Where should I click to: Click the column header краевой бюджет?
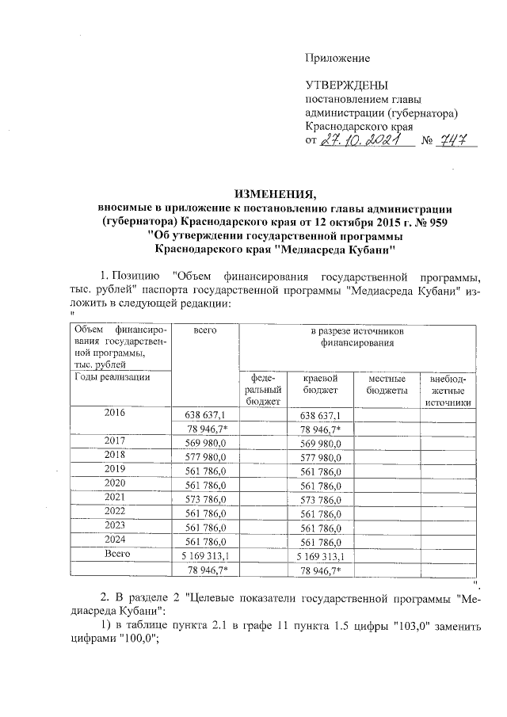(320, 385)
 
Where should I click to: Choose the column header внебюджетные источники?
(448, 391)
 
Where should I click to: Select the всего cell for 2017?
(205, 443)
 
